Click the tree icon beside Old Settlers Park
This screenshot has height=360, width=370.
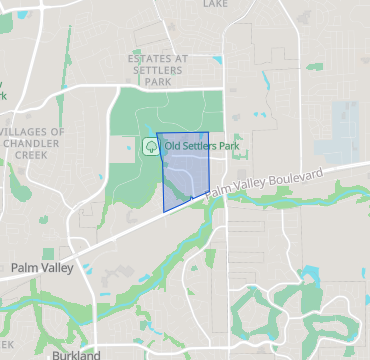[x=151, y=146]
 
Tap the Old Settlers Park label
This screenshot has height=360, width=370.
[x=203, y=146]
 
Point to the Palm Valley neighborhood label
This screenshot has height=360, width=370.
[x=42, y=268]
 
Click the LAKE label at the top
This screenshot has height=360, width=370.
[x=215, y=4]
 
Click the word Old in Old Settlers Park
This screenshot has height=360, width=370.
[x=174, y=146]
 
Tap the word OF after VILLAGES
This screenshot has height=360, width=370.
[x=57, y=132]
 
